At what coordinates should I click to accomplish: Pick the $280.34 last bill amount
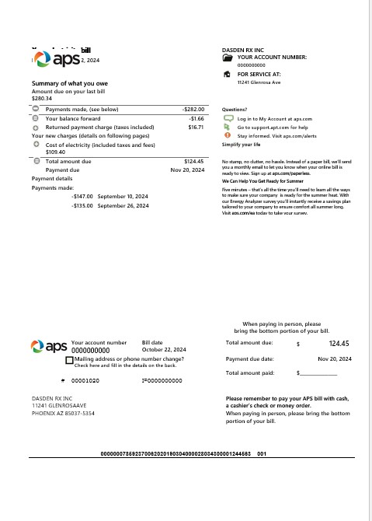42,99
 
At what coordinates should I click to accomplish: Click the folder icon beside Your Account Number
227,58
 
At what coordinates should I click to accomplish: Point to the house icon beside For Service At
227,74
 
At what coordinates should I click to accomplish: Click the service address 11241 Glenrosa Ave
259,82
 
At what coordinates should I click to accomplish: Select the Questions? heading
235,110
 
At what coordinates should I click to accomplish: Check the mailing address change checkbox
70,360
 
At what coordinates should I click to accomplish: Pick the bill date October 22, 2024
163,350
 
